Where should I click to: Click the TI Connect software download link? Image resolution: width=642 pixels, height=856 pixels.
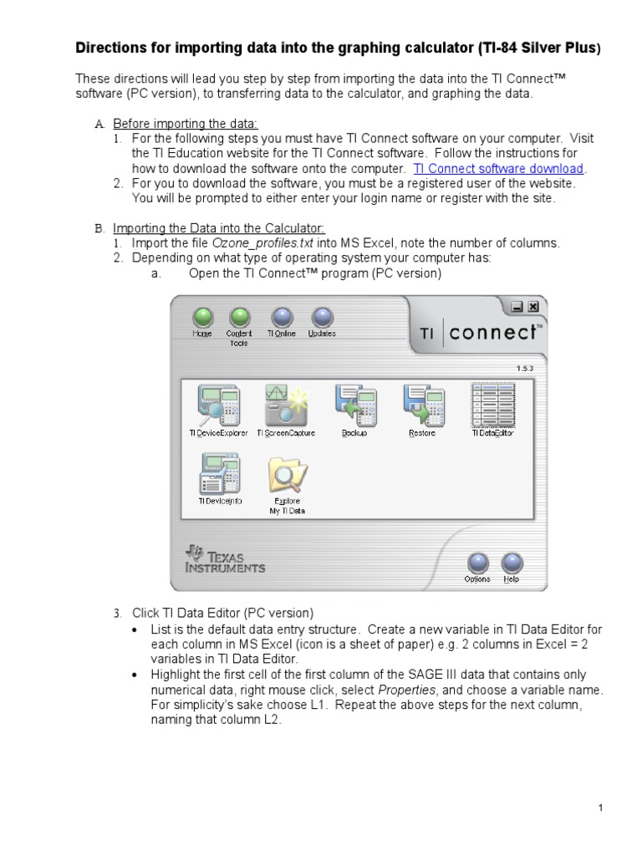tap(498, 169)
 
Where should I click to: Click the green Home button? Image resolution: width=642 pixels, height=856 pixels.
tap(203, 317)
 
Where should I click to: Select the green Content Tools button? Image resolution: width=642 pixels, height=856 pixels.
tap(239, 317)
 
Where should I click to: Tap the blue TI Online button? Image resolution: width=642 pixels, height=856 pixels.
tap(282, 317)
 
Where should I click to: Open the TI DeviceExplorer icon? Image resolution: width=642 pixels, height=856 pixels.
tap(218, 405)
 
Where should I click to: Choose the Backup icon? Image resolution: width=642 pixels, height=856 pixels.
tap(354, 405)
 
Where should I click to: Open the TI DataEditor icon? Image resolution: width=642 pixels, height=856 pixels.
tap(492, 405)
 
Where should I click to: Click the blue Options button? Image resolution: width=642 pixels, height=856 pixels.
tap(477, 563)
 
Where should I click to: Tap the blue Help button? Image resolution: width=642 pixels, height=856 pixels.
tap(512, 563)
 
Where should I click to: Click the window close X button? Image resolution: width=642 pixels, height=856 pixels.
tap(533, 307)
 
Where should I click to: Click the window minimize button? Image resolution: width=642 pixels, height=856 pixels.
tap(517, 307)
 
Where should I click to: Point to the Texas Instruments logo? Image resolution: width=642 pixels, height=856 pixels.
tap(226, 559)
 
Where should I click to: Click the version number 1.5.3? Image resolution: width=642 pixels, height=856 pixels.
tap(526, 367)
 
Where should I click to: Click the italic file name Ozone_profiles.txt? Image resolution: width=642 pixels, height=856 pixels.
tap(263, 243)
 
